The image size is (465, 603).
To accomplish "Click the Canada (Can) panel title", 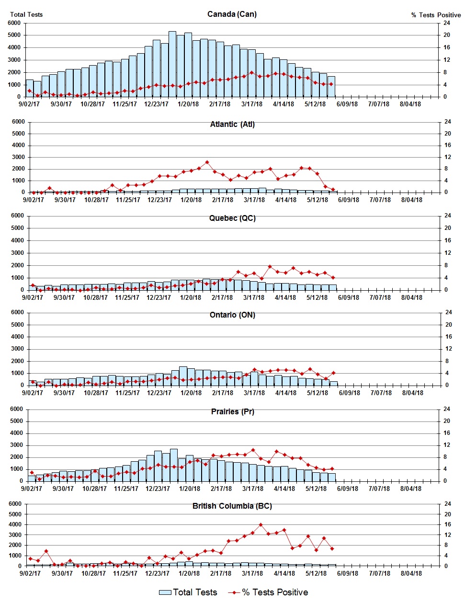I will click(x=232, y=14).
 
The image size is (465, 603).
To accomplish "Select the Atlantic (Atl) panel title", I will click(x=232, y=124).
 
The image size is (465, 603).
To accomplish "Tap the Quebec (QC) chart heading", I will click(x=232, y=218).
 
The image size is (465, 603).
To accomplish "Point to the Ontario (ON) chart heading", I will click(x=232, y=315).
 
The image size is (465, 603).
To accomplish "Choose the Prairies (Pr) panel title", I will click(x=232, y=411).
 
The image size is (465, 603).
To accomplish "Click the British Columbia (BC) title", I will click(x=232, y=506).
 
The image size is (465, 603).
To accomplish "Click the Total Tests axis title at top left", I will click(x=26, y=14).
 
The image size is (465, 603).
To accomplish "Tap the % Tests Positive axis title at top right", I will click(x=436, y=15).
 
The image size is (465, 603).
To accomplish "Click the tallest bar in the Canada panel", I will click(x=172, y=64).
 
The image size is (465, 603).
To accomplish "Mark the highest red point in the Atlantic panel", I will click(x=207, y=162).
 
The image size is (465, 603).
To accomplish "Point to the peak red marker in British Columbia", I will click(x=261, y=525).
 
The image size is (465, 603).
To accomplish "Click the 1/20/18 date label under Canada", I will click(x=188, y=104).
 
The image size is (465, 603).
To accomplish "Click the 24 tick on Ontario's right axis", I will click(x=449, y=312).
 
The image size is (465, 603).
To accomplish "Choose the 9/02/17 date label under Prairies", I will click(x=32, y=489).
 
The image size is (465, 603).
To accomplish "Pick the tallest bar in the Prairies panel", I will click(x=174, y=465).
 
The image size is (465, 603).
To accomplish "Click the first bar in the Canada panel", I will click(x=30, y=88).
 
